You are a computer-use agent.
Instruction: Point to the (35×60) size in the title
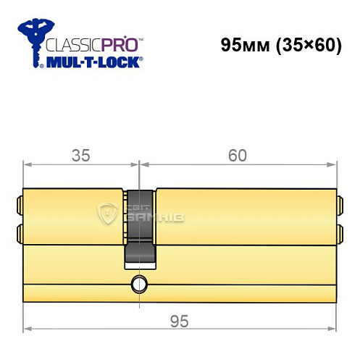coord(308,45)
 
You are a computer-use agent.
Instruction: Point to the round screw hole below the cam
coord(138,283)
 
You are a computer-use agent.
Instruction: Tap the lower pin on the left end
coord(19,233)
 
